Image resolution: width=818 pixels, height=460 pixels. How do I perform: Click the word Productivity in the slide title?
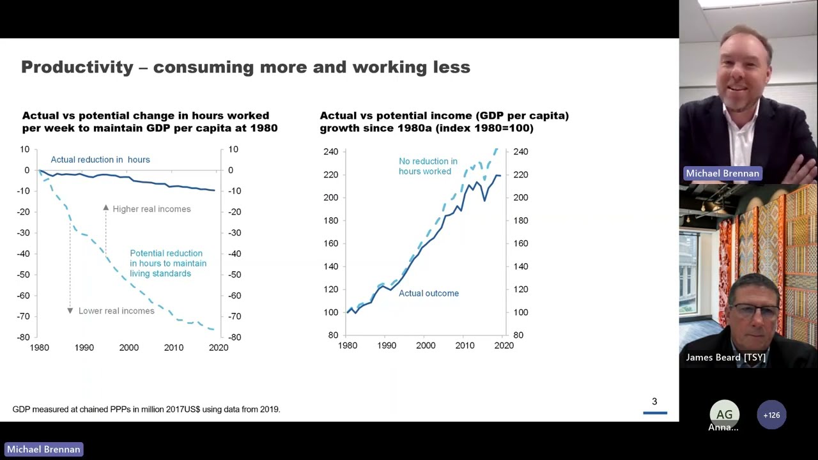tap(77, 67)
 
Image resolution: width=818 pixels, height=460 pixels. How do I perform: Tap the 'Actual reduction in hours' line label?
tap(100, 160)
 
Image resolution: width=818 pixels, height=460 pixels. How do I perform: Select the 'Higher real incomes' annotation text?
tap(151, 209)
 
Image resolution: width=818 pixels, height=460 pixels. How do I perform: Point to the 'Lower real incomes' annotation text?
tap(116, 311)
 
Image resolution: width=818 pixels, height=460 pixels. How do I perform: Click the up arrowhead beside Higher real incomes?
tap(106, 208)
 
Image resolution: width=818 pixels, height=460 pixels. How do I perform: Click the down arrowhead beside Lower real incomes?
tap(70, 310)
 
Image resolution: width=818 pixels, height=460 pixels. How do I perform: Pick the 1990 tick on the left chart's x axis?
tap(84, 348)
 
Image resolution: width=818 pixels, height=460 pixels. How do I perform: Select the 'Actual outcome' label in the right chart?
tap(429, 293)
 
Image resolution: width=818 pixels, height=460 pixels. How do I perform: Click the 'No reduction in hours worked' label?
tap(428, 166)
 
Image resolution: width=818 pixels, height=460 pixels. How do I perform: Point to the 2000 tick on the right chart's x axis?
tap(426, 346)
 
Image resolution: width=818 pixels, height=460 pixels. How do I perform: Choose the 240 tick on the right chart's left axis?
tap(330, 152)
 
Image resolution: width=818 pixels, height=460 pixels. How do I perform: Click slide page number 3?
tap(654, 402)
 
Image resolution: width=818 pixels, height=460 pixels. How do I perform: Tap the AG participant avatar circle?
tap(724, 415)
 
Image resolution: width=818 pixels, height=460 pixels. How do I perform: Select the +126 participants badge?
tap(771, 415)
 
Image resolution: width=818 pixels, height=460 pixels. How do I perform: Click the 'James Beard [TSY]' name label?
tap(725, 357)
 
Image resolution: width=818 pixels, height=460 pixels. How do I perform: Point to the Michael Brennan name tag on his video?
tap(722, 174)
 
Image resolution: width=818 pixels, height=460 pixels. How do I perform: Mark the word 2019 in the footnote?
tap(269, 409)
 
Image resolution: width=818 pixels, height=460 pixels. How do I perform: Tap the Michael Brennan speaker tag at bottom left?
tap(43, 449)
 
